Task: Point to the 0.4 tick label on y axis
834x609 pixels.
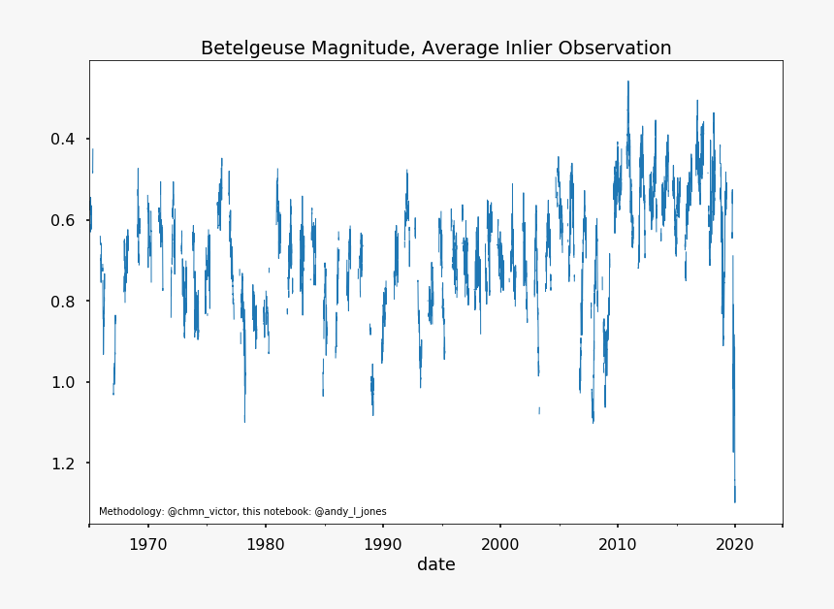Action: [63, 140]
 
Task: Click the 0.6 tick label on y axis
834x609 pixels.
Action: [63, 220]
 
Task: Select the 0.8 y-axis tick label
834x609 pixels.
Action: [63, 302]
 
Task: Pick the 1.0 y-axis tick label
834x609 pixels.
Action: [63, 382]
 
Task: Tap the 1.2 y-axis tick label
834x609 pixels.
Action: [63, 464]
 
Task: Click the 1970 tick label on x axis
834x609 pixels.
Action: [147, 543]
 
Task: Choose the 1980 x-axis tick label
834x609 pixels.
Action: [265, 543]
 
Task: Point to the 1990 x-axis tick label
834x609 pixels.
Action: [382, 543]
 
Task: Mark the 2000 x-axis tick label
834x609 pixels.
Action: [499, 543]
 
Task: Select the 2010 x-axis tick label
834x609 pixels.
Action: [617, 543]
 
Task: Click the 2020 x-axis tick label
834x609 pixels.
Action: [734, 543]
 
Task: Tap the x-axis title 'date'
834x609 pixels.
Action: [436, 564]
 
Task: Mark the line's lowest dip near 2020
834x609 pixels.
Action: [735, 500]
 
